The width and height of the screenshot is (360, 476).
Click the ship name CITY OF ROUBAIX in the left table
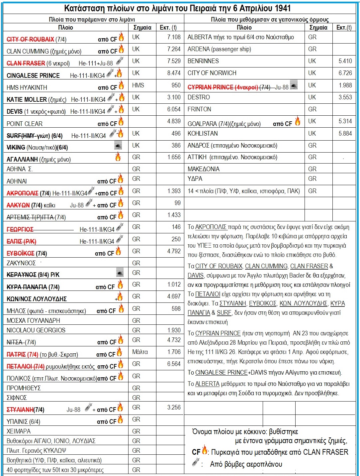pyautogui.click(x=30, y=39)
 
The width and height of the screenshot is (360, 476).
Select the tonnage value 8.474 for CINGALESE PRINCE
pyautogui.click(x=174, y=73)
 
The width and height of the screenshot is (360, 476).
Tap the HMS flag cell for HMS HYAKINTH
pyautogui.click(x=138, y=85)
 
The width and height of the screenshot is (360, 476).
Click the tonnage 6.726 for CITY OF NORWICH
pyautogui.click(x=345, y=73)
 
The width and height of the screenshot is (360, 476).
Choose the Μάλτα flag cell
pyautogui.click(x=140, y=352)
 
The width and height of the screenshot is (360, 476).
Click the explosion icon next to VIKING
pyautogui.click(x=118, y=145)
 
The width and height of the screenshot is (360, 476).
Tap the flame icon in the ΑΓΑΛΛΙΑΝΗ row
pyautogui.click(x=118, y=157)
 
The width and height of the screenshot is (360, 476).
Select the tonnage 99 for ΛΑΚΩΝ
pyautogui.click(x=177, y=203)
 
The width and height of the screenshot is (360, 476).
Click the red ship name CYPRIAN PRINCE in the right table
pyautogui.click(x=211, y=87)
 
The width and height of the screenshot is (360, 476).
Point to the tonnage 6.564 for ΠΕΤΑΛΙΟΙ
pyautogui.click(x=174, y=364)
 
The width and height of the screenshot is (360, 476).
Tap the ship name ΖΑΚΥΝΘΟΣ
pyautogui.click(x=21, y=263)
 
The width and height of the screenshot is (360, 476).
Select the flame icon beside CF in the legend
pyautogui.click(x=205, y=450)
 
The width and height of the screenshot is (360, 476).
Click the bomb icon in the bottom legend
pyautogui.click(x=196, y=462)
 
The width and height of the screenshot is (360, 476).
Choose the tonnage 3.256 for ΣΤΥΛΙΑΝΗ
pyautogui.click(x=174, y=407)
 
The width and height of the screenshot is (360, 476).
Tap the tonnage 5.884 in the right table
pyautogui.click(x=345, y=133)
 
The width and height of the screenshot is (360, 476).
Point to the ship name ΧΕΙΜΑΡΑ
pyautogui.click(x=19, y=431)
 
